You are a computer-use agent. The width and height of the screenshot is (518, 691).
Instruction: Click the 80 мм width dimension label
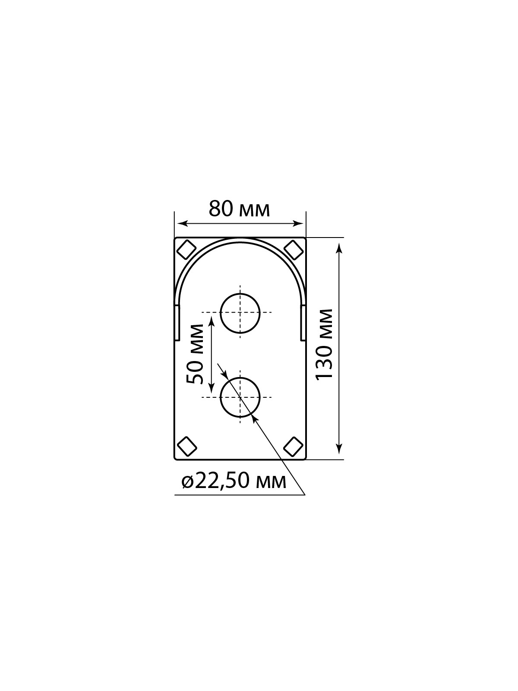point(239,209)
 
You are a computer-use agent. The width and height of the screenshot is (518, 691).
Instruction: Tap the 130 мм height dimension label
point(324,345)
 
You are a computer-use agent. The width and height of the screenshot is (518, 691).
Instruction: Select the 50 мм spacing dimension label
point(195,354)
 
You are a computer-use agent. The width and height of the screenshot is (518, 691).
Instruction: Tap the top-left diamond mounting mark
point(186,250)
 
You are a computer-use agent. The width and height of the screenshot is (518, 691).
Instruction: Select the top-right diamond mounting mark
point(294,250)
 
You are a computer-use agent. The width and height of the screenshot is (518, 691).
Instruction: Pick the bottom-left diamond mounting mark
point(187,446)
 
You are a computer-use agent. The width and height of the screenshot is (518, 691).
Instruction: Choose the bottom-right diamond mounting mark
point(294,446)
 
